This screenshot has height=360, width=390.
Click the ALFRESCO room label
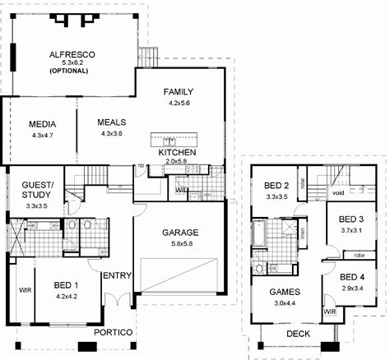(x=72, y=53)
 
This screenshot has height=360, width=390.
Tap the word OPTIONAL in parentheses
(x=72, y=72)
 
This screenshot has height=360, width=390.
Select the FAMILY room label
(x=179, y=90)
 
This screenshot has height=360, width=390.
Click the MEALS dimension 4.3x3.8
(x=111, y=133)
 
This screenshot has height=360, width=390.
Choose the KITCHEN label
(x=178, y=153)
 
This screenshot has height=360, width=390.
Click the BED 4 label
(x=352, y=277)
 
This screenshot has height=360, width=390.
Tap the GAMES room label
(x=285, y=292)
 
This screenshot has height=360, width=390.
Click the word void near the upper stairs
(x=337, y=193)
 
